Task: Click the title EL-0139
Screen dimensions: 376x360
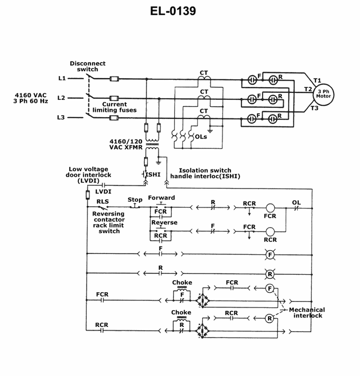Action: (x=173, y=11)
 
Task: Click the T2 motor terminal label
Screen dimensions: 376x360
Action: (x=308, y=89)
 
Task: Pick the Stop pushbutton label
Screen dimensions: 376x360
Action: (x=135, y=200)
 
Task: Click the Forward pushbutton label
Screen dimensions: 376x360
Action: (x=162, y=198)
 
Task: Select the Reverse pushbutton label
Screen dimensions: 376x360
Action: (x=164, y=223)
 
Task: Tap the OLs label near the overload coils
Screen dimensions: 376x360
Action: (x=201, y=136)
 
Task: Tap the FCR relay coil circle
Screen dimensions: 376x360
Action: (x=270, y=208)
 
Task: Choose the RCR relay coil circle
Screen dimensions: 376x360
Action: (x=270, y=232)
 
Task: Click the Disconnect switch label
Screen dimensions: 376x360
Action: (x=87, y=67)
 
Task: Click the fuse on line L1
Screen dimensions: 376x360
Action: (x=114, y=79)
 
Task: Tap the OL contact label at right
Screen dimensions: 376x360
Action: (x=297, y=202)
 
